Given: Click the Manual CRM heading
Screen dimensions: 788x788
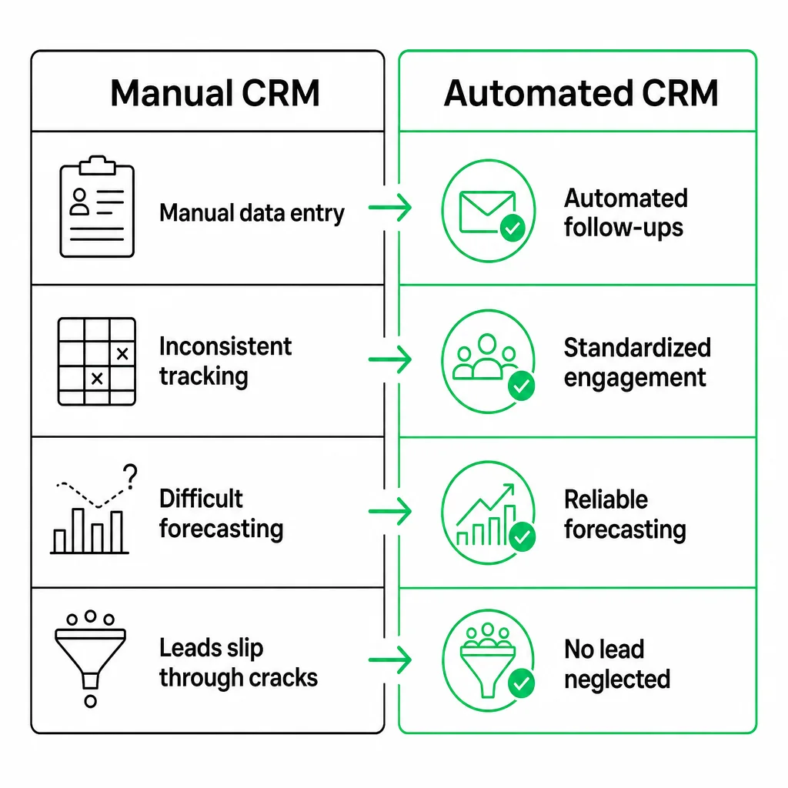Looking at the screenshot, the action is (215, 93).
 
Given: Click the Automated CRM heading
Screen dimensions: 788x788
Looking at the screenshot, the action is (581, 93).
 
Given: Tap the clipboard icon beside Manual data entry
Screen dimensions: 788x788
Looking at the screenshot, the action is (97, 206).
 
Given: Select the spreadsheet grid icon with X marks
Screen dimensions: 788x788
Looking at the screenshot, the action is (97, 362).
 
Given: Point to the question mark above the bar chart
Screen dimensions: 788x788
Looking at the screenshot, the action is (131, 476).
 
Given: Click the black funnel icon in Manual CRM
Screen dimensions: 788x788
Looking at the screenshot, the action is (91, 659).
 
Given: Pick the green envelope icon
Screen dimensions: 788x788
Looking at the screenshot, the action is (487, 212).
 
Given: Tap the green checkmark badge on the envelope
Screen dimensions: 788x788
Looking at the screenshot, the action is (513, 229).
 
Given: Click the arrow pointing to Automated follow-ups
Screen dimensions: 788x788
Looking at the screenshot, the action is (390, 208).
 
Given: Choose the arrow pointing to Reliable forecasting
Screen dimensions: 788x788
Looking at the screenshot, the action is (390, 512).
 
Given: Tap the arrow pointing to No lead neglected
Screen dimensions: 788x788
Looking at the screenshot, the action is (390, 659).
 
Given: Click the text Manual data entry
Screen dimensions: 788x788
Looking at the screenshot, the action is (252, 213).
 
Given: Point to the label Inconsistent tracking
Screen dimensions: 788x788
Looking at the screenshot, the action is (225, 362).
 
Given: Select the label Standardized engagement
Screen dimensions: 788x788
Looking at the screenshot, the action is (637, 363).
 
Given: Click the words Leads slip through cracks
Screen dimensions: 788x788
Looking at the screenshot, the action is (239, 663).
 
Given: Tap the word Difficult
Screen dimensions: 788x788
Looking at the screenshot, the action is (201, 499).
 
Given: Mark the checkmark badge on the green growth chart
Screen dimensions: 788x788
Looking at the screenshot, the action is (523, 536).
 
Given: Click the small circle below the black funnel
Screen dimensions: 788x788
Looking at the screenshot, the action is (91, 701).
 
